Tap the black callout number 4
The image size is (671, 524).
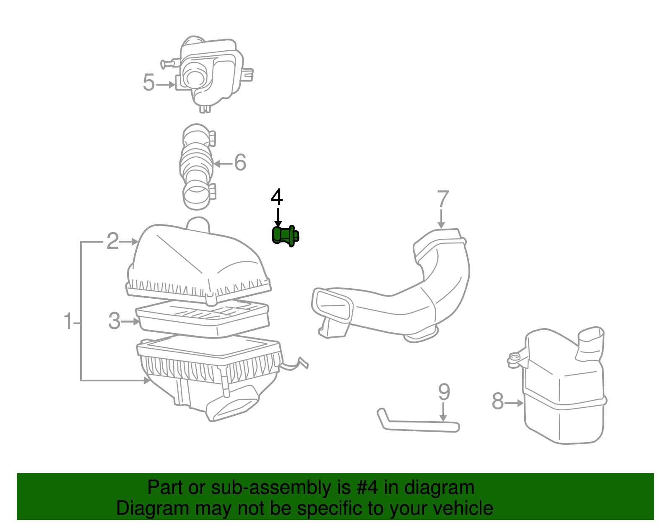coord(277,198)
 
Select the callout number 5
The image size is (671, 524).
coord(149,83)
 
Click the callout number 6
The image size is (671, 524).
coord(240,163)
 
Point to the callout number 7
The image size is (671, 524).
coord(443,200)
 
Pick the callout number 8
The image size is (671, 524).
coord(497,401)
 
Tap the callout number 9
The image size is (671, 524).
coord(444,393)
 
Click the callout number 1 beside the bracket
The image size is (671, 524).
coord(68,322)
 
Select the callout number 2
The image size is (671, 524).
coord(112,241)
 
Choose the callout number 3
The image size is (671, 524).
coord(114,321)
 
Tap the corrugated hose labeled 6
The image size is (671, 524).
coord(196,167)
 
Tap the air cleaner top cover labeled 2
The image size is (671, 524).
coord(197,260)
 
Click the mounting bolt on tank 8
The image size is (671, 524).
coord(513,360)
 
